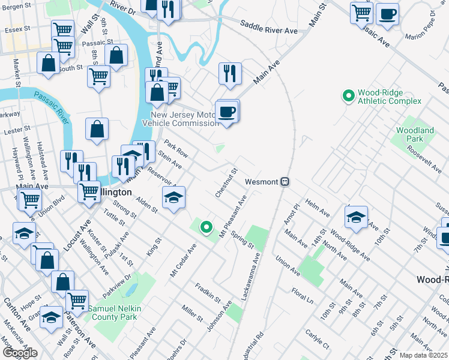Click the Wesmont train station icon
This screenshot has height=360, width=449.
286,181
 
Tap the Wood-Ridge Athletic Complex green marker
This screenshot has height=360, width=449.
348,96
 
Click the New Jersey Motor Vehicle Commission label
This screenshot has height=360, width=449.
184,119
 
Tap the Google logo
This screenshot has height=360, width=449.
20,353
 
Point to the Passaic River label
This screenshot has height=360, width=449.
52,101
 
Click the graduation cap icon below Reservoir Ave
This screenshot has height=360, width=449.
173,197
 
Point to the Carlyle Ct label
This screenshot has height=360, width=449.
317,338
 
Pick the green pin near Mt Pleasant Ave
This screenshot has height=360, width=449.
206,227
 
